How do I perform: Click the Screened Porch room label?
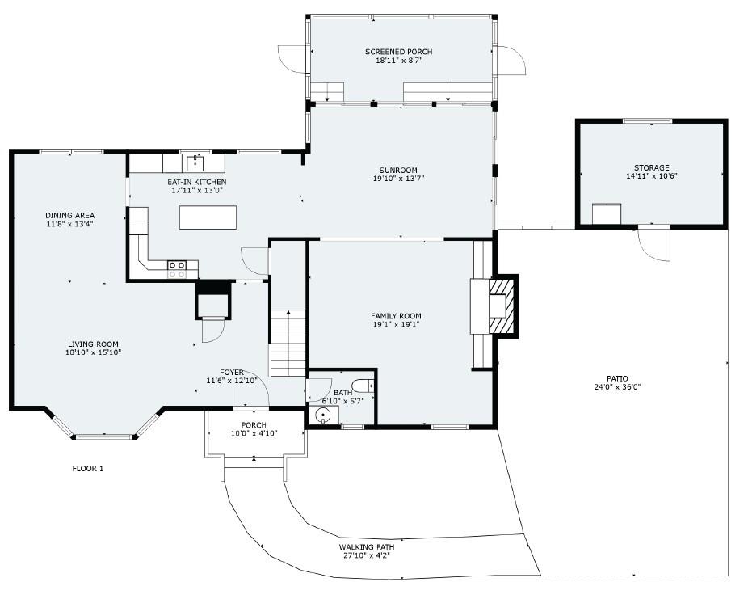pos(399,52)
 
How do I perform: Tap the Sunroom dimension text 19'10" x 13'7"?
pos(399,179)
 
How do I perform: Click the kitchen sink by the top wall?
pos(195,162)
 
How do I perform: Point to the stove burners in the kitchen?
pos(177,269)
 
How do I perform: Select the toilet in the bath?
pos(363,386)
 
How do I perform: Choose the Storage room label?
pos(650,167)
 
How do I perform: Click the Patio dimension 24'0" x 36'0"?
pos(617,386)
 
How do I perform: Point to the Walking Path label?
pos(366,546)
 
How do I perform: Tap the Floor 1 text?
pos(88,469)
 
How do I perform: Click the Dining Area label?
pos(69,215)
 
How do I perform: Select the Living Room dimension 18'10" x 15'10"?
pos(93,352)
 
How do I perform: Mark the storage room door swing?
pos(655,243)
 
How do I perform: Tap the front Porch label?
pos(254,425)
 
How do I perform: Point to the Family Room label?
pos(396,316)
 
